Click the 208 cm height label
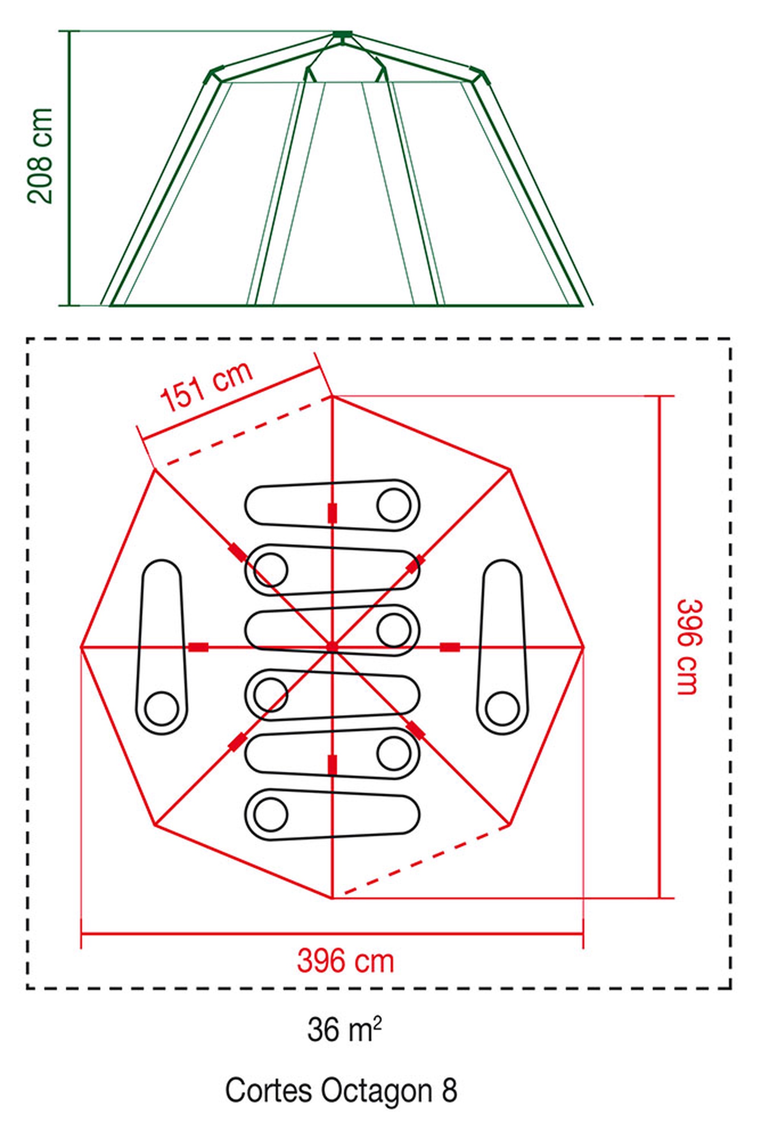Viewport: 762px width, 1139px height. click(40, 155)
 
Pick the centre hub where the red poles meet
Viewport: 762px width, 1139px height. click(332, 647)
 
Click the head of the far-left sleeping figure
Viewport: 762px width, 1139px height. click(162, 709)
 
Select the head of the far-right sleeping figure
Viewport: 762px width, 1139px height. click(502, 709)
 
